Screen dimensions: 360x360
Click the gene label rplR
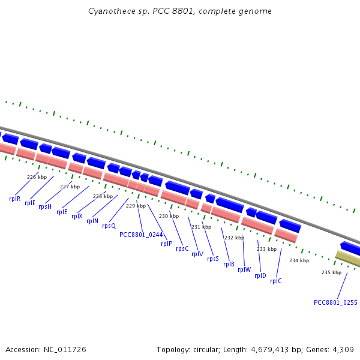(x=14, y=199)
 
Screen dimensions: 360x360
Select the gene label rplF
(x=30, y=203)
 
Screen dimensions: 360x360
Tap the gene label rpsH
(x=45, y=206)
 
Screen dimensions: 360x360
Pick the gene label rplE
(x=62, y=212)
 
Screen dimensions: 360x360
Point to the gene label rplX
(x=77, y=216)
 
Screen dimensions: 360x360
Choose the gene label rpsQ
(x=109, y=226)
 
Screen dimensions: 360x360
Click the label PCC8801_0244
(x=141, y=235)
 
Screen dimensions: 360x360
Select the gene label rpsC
(x=182, y=248)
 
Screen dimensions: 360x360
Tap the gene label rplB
(x=229, y=264)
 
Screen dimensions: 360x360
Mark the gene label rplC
(x=275, y=281)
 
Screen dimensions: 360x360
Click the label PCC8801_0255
(x=335, y=302)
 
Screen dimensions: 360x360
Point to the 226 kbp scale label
(x=37, y=177)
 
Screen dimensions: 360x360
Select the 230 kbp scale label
(x=169, y=216)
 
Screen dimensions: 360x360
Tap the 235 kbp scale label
(x=331, y=272)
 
